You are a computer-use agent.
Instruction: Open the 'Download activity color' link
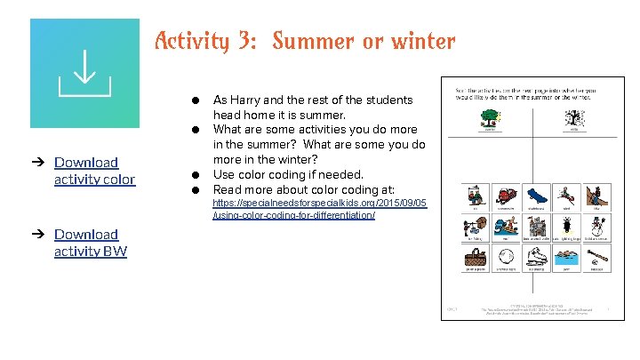[94, 171]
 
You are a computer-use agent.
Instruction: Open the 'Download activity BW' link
[90, 243]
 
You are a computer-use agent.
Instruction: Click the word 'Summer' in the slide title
[311, 41]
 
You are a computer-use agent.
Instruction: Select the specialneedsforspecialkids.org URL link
[319, 209]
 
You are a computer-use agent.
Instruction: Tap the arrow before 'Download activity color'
[39, 163]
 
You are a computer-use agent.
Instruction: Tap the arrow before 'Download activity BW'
[39, 235]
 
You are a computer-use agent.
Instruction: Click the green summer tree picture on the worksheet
[490, 116]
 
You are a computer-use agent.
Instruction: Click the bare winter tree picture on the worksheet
[575, 116]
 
